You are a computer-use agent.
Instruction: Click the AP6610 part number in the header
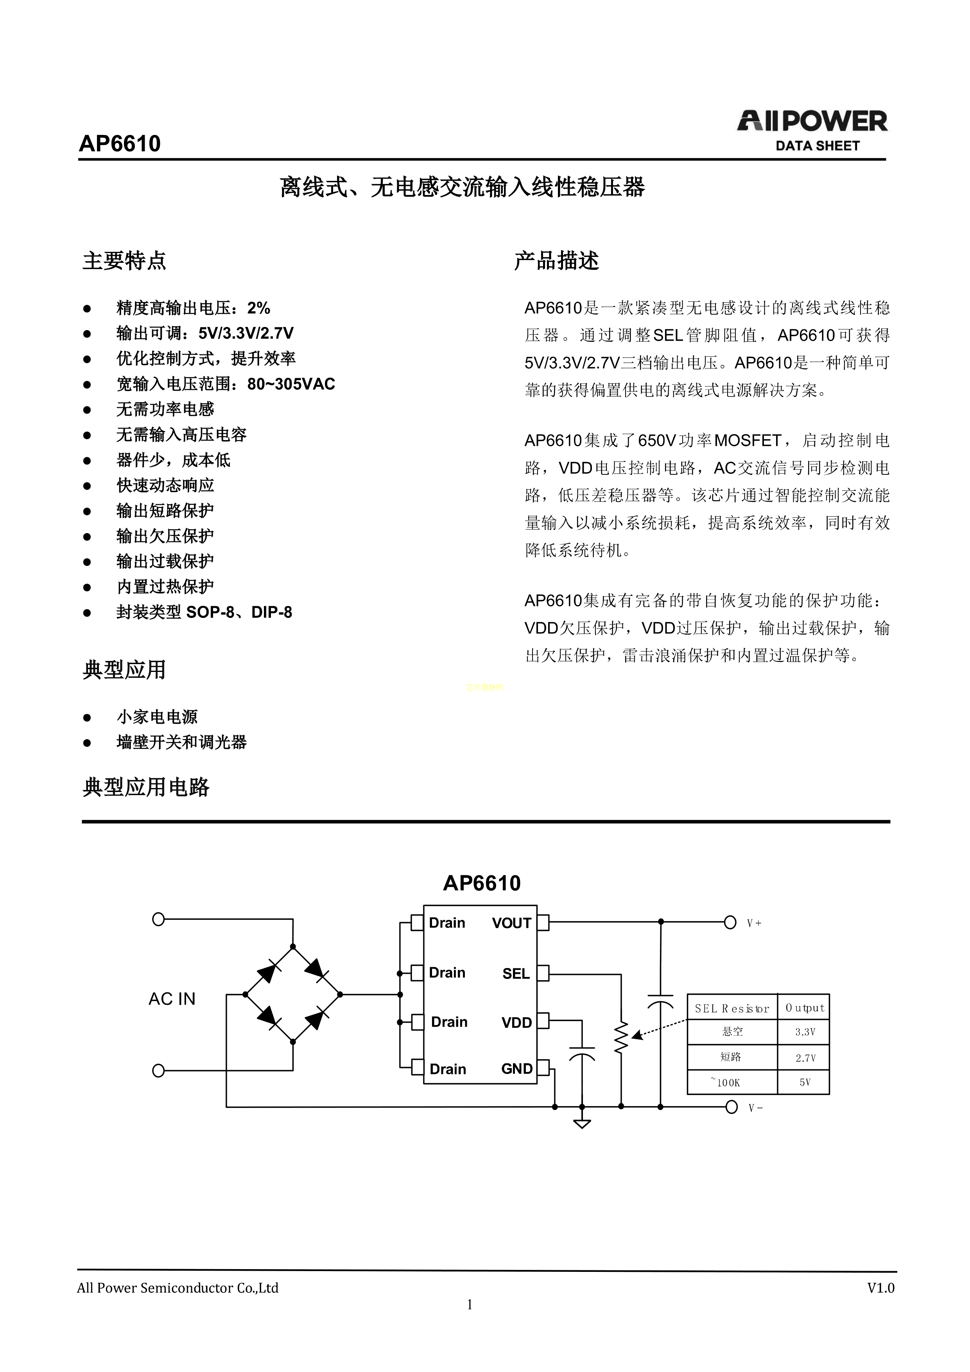pos(120,144)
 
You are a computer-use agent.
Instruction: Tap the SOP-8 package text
pos(210,612)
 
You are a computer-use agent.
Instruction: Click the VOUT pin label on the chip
pos(511,923)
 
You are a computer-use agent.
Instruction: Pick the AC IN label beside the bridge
pos(172,999)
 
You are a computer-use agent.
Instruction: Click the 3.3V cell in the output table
pos(805,1032)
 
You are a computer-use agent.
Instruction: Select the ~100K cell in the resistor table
pos(726,1082)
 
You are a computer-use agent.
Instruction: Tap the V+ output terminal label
pos(754,923)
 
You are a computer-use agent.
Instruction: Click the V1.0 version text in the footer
pos(880,1288)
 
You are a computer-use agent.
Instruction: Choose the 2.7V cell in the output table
pos(805,1058)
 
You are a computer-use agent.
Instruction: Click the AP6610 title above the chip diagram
pos(481,883)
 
